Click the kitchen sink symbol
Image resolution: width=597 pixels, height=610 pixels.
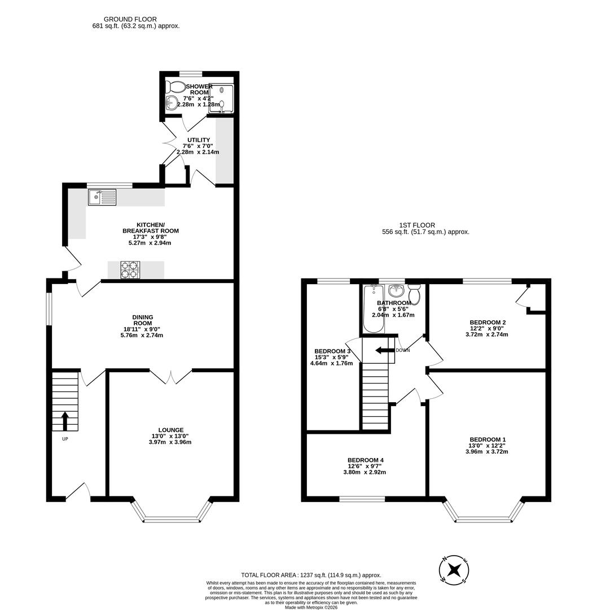tap(102, 197)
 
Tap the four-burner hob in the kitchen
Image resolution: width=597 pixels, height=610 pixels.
tap(129, 270)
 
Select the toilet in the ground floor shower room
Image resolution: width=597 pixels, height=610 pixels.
tap(177, 87)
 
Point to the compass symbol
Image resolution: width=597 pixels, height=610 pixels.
tap(454, 569)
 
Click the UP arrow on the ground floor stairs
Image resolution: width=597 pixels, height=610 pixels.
tap(64, 421)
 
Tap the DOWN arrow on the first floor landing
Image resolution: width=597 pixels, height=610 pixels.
tap(385, 351)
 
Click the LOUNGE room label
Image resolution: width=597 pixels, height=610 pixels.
tap(171, 430)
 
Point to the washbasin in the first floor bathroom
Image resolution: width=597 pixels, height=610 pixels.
tap(397, 290)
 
